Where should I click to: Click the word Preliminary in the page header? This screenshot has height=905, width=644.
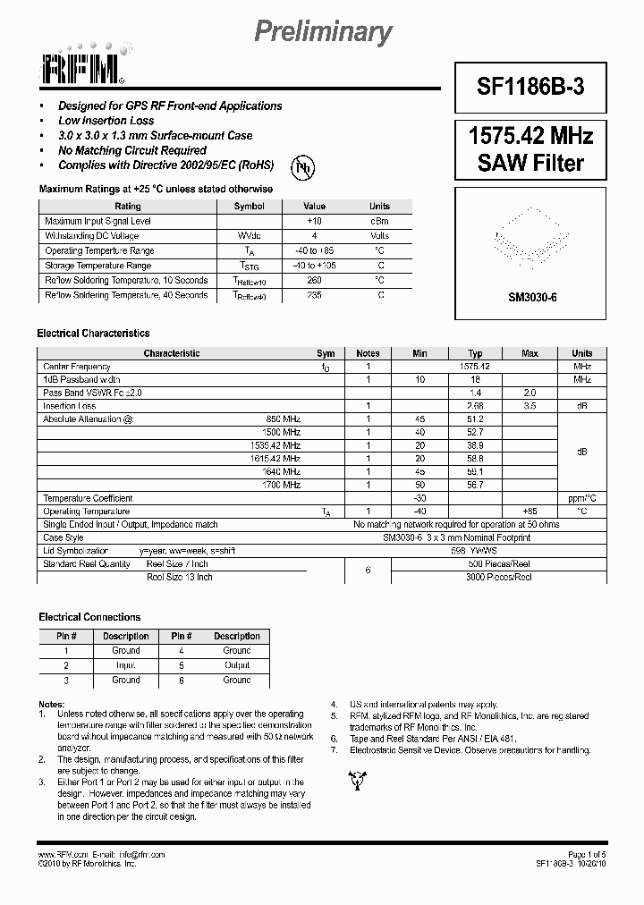(x=323, y=32)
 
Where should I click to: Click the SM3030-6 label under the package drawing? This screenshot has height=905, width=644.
(x=532, y=297)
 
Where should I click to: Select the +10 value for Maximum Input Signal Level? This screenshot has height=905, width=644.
(x=314, y=221)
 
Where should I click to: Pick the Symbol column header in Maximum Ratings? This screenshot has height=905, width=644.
(x=249, y=207)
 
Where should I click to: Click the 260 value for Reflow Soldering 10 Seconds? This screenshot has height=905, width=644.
(x=314, y=280)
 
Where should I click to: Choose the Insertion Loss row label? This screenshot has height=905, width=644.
(x=70, y=406)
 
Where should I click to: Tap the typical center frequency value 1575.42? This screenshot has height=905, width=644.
(x=474, y=367)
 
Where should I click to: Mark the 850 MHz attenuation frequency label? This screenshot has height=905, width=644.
(x=284, y=419)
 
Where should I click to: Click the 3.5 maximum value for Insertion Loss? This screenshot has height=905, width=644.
(x=530, y=406)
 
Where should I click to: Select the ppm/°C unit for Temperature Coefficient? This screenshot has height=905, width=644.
(x=581, y=498)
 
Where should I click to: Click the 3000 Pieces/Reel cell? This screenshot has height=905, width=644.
(x=498, y=578)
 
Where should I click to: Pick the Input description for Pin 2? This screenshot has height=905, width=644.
(x=125, y=665)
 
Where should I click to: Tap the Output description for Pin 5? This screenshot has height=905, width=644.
(x=237, y=665)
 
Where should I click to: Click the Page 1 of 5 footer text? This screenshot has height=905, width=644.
(x=587, y=855)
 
